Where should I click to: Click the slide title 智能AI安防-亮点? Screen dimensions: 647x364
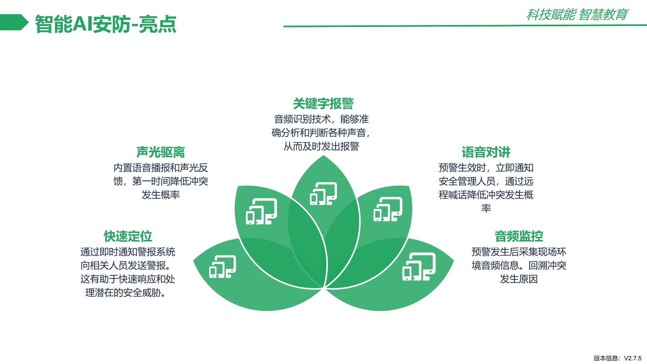tap(105, 24)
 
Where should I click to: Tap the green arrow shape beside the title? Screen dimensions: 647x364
tap(14, 22)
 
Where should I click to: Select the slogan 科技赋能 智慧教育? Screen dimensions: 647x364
tap(577, 14)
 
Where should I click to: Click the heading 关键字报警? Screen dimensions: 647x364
tap(323, 103)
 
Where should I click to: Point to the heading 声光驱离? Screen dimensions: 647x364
tap(161, 152)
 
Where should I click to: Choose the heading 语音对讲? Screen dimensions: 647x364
tap(486, 152)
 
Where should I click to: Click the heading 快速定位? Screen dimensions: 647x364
tap(128, 236)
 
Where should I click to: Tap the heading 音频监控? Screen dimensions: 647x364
tap(519, 236)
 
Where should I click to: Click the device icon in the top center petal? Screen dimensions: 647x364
tap(323, 193)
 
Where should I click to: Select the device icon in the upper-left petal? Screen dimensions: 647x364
tap(261, 211)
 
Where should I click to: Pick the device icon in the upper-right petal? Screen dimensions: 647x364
tap(388, 209)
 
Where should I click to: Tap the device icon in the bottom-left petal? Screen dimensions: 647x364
tap(223, 267)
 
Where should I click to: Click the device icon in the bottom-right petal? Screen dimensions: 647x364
tap(419, 267)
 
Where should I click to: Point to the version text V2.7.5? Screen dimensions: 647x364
tap(633, 358)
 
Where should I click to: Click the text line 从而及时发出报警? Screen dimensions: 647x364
tap(321, 146)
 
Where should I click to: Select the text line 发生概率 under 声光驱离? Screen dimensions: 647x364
tap(161, 195)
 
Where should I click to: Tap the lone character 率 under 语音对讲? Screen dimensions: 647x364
tap(486, 208)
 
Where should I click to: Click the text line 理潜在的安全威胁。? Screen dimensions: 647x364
tap(126, 293)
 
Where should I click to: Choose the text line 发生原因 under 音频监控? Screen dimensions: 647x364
tap(519, 279)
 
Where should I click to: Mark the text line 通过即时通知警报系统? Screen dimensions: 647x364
tap(128, 252)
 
